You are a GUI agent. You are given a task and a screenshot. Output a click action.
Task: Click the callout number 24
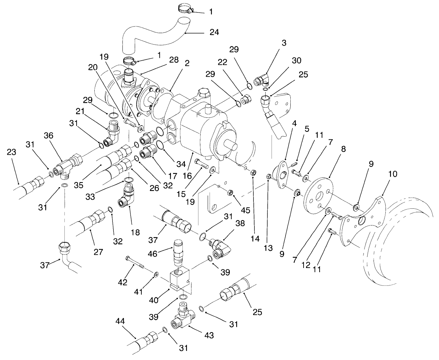pos(214,32)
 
